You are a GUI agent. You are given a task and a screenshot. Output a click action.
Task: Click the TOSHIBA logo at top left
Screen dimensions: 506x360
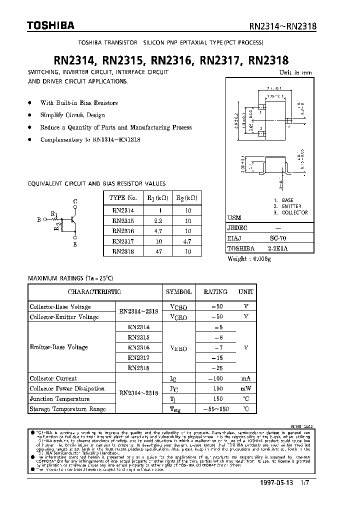tap(29, 25)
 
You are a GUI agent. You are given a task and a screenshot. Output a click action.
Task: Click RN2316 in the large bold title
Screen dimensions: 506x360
tap(171, 61)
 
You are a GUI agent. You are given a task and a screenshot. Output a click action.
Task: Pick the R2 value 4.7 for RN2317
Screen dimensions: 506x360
tap(187, 241)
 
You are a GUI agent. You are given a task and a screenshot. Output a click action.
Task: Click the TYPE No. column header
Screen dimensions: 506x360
tap(123, 197)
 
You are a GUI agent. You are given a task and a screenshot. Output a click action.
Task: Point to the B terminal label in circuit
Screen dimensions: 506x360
tap(39, 219)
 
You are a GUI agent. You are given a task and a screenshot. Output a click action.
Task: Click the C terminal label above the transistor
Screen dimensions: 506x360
tap(75, 201)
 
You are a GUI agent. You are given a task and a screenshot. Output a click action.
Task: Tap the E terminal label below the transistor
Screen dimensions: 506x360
tap(75, 245)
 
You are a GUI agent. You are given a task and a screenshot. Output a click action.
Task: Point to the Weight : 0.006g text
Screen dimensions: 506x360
tap(249, 258)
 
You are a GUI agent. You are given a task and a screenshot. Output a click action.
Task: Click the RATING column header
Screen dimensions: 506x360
tap(215, 291)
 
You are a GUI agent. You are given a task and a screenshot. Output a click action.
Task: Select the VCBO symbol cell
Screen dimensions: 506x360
tap(178, 306)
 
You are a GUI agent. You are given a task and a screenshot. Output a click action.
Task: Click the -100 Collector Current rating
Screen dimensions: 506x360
tap(215, 378)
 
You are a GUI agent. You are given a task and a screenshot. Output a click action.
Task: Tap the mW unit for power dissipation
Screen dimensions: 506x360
tap(245, 388)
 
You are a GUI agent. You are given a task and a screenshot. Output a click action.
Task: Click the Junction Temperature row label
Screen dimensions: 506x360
tap(59, 399)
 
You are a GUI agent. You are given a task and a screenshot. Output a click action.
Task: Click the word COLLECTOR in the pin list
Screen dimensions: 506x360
tap(294, 212)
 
